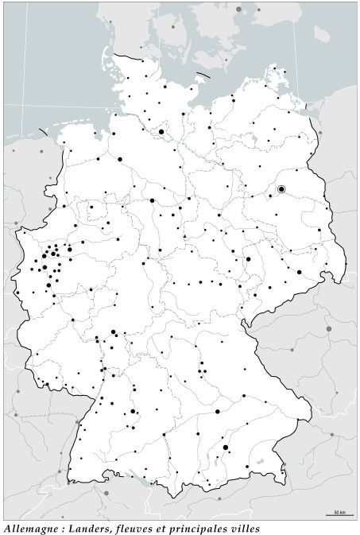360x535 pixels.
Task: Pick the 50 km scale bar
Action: (x=339, y=514)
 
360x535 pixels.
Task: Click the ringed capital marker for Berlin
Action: (x=281, y=189)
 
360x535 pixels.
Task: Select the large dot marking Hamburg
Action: (x=161, y=132)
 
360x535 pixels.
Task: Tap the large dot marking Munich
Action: (x=226, y=448)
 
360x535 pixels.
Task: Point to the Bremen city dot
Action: (x=120, y=159)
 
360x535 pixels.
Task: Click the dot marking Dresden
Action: (x=299, y=272)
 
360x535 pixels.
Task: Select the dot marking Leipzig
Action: (x=248, y=259)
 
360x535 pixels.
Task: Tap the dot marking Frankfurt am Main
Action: (x=114, y=331)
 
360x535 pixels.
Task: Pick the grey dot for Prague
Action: (x=328, y=328)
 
